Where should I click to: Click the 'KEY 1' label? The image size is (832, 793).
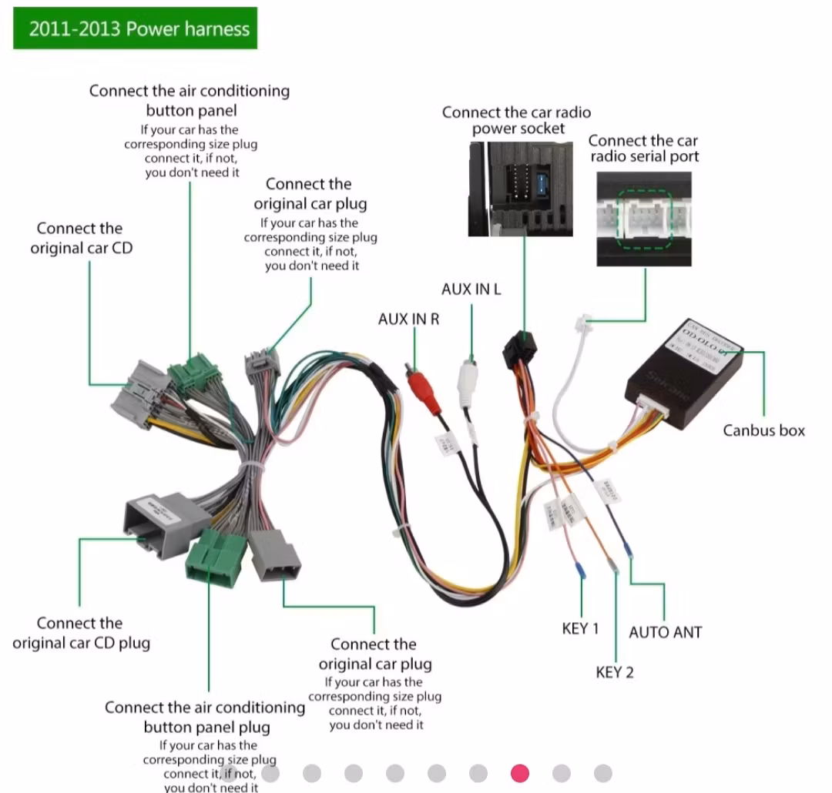click(x=580, y=628)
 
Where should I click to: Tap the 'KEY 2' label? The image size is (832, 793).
click(x=614, y=672)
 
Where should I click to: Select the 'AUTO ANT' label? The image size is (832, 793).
click(x=665, y=632)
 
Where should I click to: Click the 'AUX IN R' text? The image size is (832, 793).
click(x=408, y=318)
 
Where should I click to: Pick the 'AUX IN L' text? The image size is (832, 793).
click(x=471, y=289)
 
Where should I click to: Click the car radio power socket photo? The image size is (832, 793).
click(x=522, y=188)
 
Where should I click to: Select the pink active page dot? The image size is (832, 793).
click(x=520, y=772)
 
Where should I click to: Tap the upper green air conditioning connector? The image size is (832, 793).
click(x=194, y=376)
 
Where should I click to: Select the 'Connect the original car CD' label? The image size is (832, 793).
click(x=80, y=238)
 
